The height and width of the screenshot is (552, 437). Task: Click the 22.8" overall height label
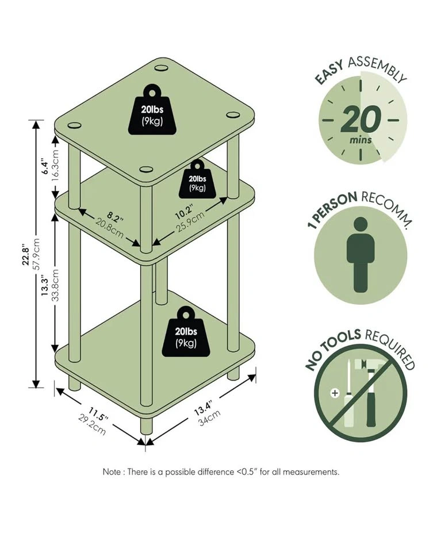point(25,254)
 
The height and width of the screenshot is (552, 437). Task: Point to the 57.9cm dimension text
point(36,254)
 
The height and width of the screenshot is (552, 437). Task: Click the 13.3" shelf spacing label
point(44,285)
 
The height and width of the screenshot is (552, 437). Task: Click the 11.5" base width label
point(98,414)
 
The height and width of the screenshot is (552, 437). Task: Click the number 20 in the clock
point(361,119)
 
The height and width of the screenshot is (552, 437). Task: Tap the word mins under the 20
point(361,140)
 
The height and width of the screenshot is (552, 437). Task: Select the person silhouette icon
point(360,255)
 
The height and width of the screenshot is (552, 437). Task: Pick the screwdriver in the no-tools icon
point(348,394)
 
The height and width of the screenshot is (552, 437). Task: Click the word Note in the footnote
point(112,471)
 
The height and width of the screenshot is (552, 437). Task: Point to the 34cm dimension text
point(209,418)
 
